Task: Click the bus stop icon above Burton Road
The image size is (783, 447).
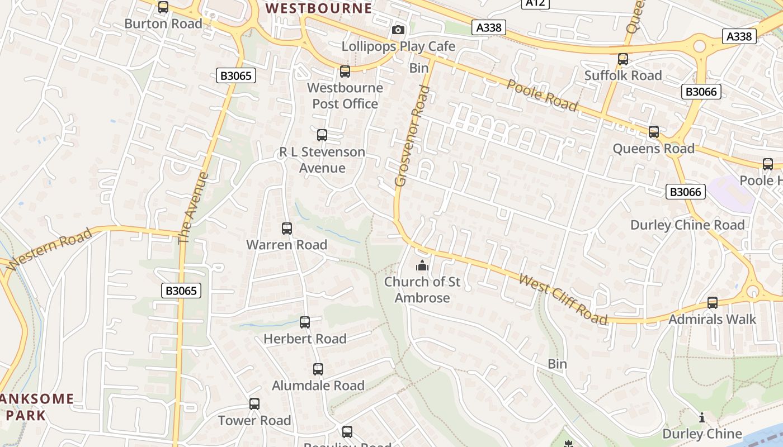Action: [163, 7]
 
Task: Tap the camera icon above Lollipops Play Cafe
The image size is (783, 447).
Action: [398, 30]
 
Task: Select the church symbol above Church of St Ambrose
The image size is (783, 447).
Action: [422, 265]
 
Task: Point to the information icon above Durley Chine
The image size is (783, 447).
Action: [702, 417]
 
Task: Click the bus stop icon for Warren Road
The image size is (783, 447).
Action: [287, 228]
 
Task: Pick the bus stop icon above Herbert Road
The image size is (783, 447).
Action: [305, 322]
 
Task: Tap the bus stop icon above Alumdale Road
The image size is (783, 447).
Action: [318, 369]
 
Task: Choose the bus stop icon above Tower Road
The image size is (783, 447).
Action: [254, 403]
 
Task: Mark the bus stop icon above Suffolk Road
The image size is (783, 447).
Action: [623, 59]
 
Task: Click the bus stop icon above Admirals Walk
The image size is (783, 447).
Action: [713, 302]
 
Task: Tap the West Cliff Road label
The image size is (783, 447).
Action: [563, 299]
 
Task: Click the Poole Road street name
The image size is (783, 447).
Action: [541, 95]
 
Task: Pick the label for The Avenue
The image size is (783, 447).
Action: [193, 208]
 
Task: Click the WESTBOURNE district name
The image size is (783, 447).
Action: [318, 8]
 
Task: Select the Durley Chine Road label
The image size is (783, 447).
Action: [687, 225]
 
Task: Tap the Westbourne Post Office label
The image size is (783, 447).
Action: [345, 96]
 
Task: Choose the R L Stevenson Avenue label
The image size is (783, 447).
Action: [322, 160]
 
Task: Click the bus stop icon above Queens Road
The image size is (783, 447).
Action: [654, 132]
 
